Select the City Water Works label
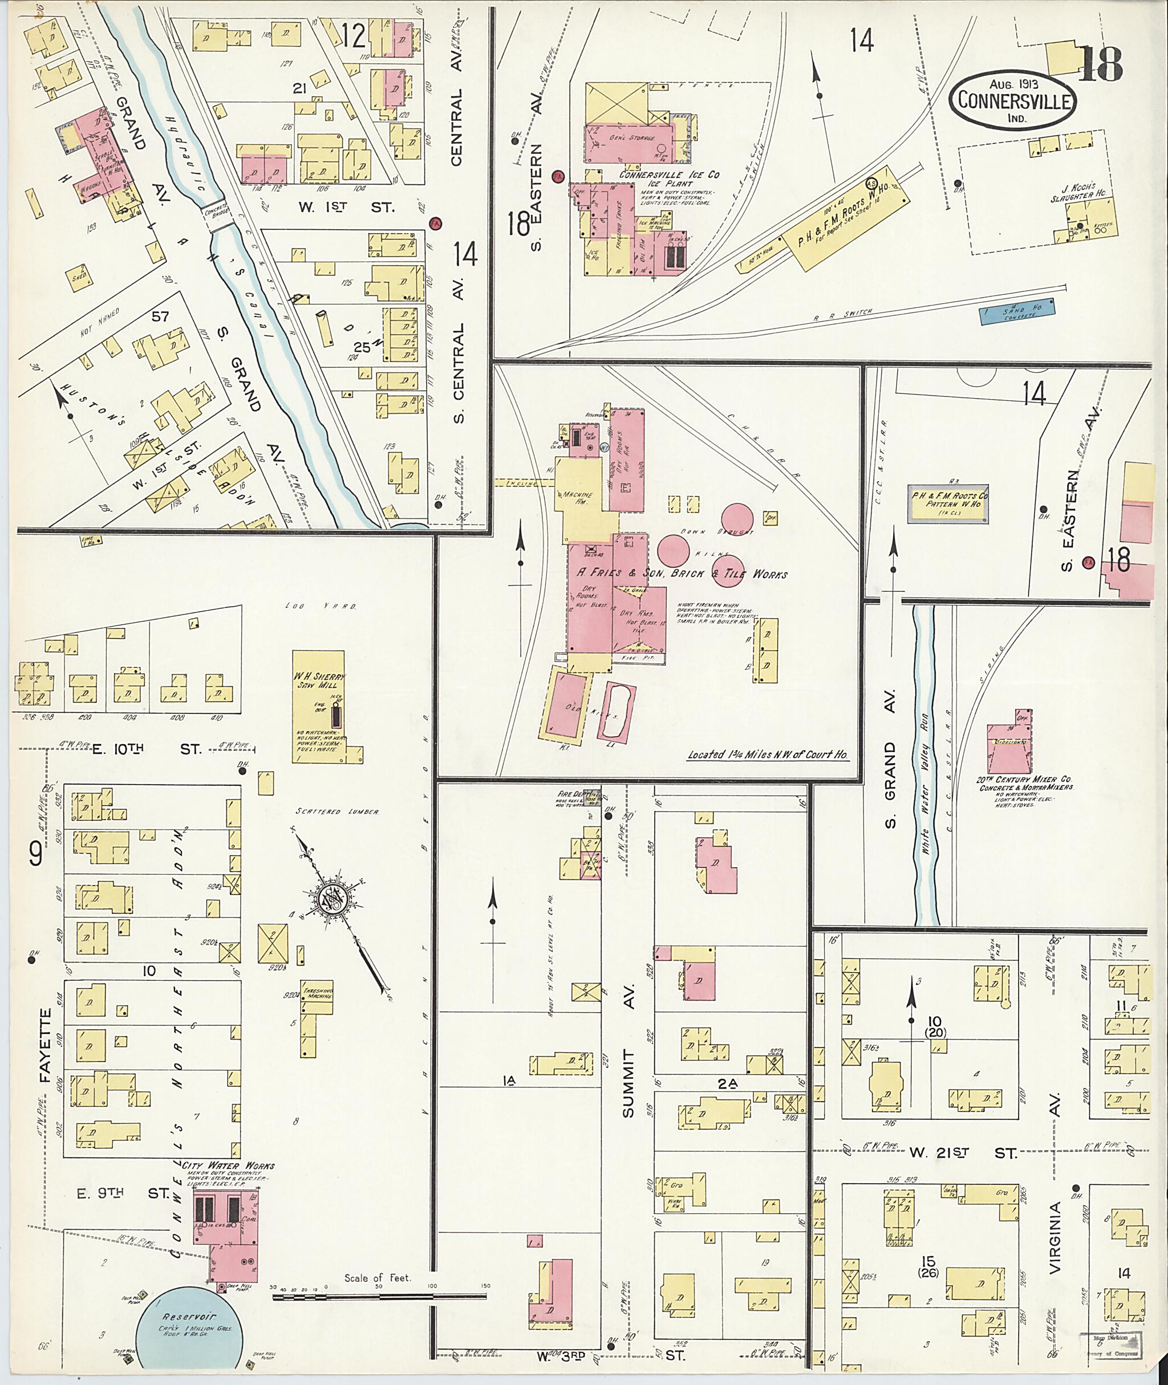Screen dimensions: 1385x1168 [x=229, y=1166]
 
